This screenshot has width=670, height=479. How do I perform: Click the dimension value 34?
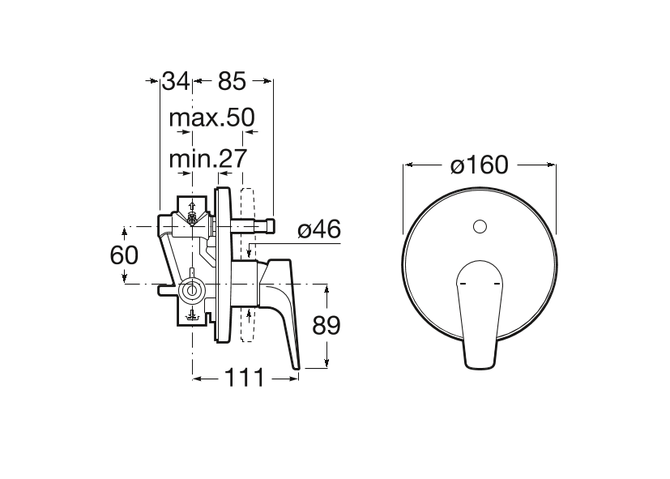coord(176,81)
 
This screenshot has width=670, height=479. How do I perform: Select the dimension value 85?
coord(232,81)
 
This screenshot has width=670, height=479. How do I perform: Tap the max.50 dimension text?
coord(212,118)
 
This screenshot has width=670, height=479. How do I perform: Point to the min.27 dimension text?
coord(208,159)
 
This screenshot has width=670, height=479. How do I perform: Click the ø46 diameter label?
coord(319,230)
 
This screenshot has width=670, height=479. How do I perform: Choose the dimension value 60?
coord(124,255)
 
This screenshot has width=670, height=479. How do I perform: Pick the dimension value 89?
coord(326,326)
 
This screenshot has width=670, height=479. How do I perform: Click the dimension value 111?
coord(245,378)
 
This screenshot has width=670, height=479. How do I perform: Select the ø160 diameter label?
coord(480,165)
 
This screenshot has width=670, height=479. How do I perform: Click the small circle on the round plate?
coord(480,226)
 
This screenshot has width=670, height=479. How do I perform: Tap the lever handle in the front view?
coord(480,314)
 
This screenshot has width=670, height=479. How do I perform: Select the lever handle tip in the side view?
coord(296,366)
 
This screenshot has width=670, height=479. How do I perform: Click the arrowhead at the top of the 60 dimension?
coord(124,232)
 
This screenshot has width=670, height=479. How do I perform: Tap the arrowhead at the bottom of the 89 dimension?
coord(326,363)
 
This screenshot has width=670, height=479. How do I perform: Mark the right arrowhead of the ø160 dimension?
coord(551,165)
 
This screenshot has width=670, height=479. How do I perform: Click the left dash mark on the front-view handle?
coord(461,284)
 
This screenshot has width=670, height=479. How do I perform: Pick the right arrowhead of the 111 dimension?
coord(293,378)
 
